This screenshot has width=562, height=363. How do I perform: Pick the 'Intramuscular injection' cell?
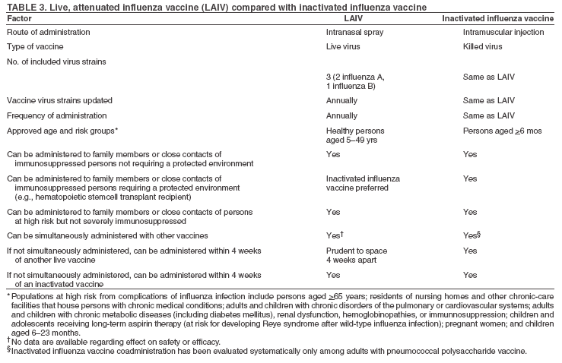(503, 33)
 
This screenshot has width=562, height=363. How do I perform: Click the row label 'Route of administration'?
(48, 33)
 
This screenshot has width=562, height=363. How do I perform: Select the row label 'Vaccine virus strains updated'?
(60, 101)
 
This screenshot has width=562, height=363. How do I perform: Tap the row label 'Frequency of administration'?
(57, 115)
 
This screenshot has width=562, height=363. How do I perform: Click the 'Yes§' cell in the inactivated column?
(472, 235)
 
